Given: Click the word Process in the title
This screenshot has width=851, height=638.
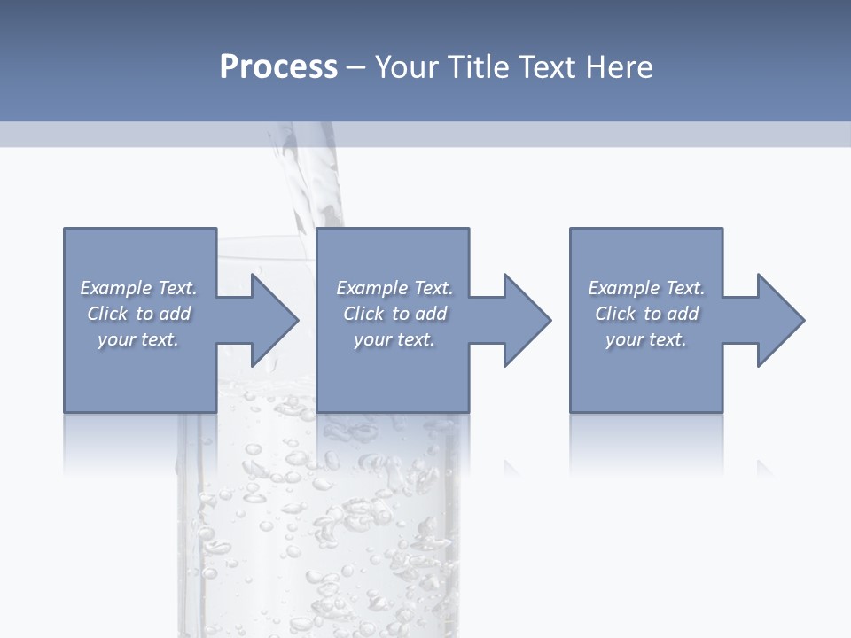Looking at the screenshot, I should point(278,67).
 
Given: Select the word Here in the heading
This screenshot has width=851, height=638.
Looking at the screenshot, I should point(620,67).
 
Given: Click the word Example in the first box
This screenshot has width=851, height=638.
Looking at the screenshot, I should point(115,288).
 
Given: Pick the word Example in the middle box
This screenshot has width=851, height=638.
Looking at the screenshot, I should point(371,288).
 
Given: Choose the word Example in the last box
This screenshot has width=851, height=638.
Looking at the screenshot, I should point(623,288).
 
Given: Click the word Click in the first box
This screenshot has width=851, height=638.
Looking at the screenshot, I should point(107,314).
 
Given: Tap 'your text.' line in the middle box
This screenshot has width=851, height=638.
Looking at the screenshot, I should point(394,339).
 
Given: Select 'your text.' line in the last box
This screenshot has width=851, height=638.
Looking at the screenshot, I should point(646,339).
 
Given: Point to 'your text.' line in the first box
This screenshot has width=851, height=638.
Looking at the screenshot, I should point(138,339).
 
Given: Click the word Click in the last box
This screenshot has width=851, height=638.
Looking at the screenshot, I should point(615,314).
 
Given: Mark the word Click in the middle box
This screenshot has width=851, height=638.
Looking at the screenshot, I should point(363,314).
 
